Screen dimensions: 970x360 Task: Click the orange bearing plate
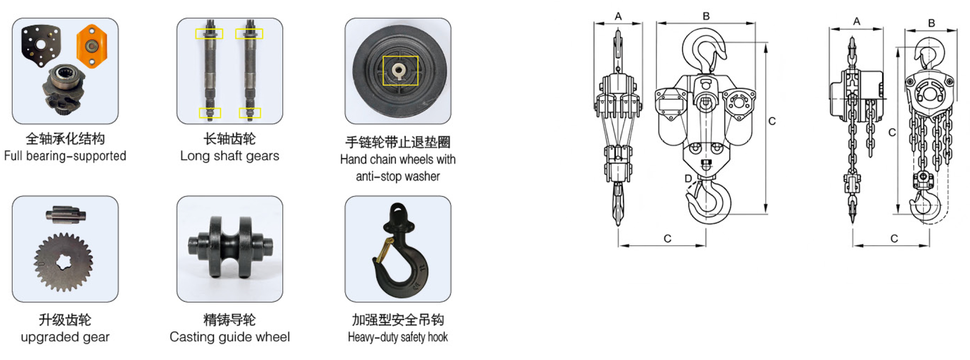click(92, 46)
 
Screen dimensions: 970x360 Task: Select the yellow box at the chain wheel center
click(400, 71)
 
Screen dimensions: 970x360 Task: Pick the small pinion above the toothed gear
click(66, 214)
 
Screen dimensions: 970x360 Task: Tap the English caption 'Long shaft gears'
click(230, 156)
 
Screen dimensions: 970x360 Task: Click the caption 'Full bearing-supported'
click(65, 156)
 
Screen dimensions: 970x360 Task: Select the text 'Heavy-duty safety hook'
click(398, 337)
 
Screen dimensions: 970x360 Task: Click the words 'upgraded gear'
click(65, 337)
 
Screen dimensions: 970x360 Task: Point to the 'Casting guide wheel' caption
click(230, 337)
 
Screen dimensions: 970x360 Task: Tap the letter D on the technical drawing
click(688, 179)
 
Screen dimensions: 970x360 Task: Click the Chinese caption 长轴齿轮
click(230, 139)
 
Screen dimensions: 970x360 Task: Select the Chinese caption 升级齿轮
click(65, 320)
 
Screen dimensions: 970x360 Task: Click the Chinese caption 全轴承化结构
click(65, 139)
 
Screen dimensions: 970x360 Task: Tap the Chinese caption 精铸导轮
click(230, 320)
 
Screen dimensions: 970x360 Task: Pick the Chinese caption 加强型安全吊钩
click(398, 320)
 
